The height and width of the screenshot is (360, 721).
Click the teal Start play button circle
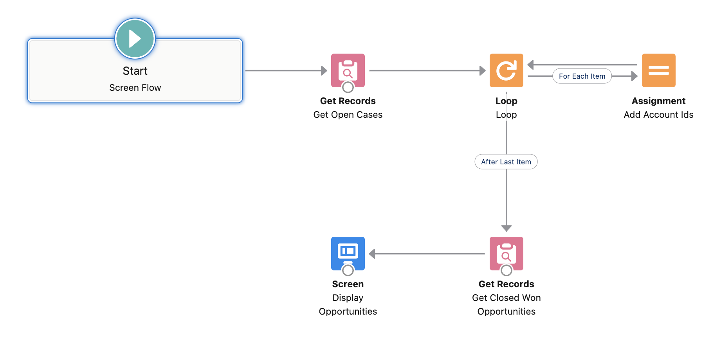135,39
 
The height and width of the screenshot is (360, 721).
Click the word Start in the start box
135,71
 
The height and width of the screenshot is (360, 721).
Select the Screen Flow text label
135,88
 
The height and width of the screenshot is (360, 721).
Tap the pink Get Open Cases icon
348,70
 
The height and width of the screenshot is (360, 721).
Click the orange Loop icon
506,70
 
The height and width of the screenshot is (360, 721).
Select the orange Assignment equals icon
658,70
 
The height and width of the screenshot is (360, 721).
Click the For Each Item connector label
582,76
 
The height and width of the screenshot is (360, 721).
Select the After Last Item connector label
506,162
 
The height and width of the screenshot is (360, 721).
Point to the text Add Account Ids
658,115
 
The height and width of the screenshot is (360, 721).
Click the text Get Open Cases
348,115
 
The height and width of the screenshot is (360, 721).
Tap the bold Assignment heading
658,101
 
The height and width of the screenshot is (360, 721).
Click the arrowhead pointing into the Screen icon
372,254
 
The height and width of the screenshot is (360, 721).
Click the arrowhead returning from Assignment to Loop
531,65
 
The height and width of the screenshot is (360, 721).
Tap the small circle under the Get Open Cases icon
348,87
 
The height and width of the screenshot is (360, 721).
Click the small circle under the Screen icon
348,270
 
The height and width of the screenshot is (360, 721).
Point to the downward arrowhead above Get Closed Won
506,228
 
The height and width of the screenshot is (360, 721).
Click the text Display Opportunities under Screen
348,304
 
